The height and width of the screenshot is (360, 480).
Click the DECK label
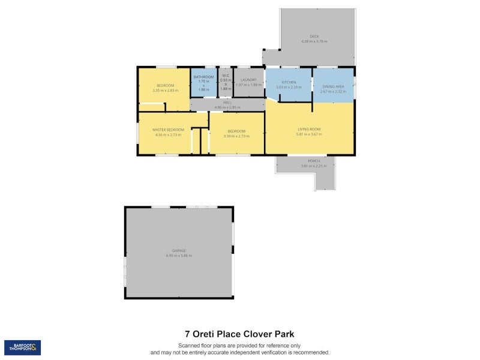coord(314,36)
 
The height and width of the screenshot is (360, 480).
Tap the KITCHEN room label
coord(289,82)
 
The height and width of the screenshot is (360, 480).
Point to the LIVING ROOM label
coord(310,129)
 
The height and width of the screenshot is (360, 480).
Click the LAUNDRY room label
coord(248,80)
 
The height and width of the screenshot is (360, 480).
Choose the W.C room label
coord(226,76)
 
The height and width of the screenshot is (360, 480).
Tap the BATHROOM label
coord(203,77)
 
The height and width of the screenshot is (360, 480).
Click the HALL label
coord(227,103)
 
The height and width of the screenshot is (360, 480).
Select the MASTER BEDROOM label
coord(168,130)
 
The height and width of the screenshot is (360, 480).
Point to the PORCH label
coord(314,161)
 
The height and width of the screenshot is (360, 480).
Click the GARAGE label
coord(179,250)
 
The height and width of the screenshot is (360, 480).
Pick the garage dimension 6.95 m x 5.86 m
coord(179,256)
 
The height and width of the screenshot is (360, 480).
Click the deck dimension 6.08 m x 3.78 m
coord(314,41)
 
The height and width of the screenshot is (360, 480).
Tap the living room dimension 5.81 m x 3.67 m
coord(310,134)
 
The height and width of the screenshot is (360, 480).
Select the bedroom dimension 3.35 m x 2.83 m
coord(166,91)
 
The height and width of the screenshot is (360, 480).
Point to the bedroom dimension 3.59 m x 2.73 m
coord(236,136)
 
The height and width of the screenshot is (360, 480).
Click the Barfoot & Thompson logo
coord(23,347)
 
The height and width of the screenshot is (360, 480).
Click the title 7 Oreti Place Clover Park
coord(239,334)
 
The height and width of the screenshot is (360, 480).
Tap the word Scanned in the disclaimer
coord(189,346)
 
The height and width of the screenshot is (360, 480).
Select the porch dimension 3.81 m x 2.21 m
coord(314,166)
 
